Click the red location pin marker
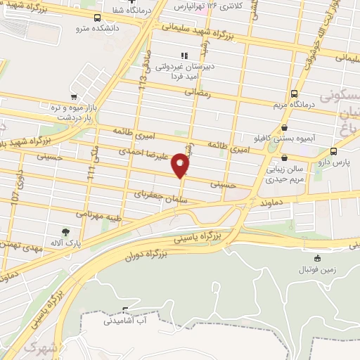coord(181,166)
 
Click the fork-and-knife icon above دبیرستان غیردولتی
coord(184,55)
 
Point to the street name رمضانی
coord(200,91)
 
